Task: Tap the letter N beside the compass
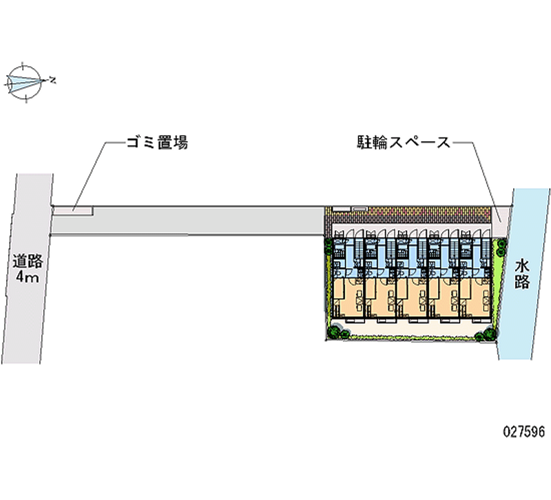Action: click(x=52, y=81)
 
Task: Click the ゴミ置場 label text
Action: click(x=157, y=143)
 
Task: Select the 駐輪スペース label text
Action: click(x=403, y=143)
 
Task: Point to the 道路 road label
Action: click(x=28, y=261)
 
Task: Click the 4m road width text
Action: click(x=28, y=278)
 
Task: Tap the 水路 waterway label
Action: click(x=521, y=273)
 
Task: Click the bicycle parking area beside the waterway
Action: click(x=500, y=217)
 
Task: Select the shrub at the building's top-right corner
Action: click(x=501, y=247)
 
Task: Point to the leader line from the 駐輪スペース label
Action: click(x=482, y=179)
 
